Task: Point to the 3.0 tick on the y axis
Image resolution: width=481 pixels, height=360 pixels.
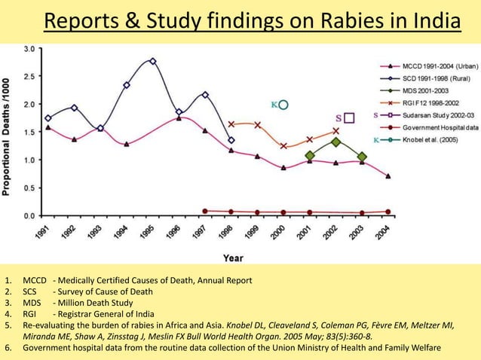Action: coord(28,49)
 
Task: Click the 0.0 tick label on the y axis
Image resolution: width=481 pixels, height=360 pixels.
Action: coord(28,215)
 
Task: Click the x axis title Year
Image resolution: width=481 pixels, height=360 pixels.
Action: coord(233,258)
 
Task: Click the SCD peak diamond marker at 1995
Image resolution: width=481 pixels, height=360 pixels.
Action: coord(153,61)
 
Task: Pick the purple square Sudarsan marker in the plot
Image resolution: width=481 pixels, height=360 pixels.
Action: coord(349,118)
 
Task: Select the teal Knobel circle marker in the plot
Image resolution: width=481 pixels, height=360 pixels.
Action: coord(283,105)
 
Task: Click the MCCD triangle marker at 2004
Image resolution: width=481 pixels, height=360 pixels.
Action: coord(388,176)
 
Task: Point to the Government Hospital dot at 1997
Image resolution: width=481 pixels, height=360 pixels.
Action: coord(205,211)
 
